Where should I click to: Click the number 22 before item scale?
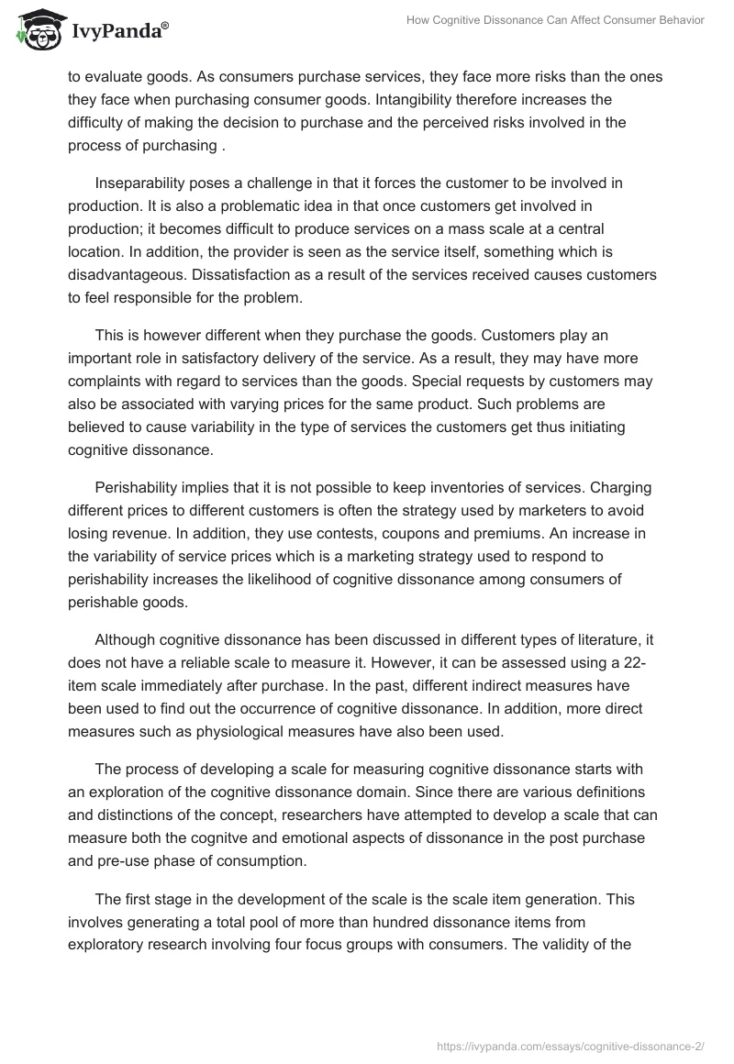click(647, 665)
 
